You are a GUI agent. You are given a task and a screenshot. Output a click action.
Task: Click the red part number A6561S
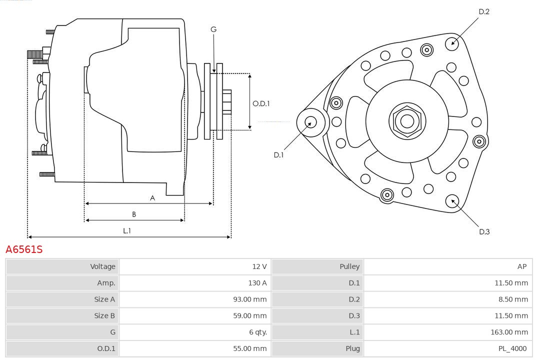24,249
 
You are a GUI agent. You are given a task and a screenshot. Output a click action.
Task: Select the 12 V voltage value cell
259,266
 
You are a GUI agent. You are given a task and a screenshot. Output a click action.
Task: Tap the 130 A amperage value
257,283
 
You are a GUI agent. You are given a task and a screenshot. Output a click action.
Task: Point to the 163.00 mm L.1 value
509,332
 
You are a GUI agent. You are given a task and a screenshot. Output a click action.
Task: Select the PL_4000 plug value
512,348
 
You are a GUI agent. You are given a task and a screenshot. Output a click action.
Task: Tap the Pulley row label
349,266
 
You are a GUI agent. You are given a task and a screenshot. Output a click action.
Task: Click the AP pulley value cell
521,266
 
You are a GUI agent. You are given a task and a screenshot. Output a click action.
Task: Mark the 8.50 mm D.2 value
511,299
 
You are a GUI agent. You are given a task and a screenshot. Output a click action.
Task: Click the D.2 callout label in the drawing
483,11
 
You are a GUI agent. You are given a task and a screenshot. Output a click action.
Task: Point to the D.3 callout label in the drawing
484,231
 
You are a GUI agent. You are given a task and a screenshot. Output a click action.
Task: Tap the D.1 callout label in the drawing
278,155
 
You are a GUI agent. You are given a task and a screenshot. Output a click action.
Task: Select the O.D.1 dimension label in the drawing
261,103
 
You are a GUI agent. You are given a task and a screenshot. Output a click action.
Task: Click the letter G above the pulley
213,29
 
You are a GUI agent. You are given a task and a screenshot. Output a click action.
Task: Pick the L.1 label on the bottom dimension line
127,230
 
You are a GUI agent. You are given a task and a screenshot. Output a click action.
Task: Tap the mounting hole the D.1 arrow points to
311,121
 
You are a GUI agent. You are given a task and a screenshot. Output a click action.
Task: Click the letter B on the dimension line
134,214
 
